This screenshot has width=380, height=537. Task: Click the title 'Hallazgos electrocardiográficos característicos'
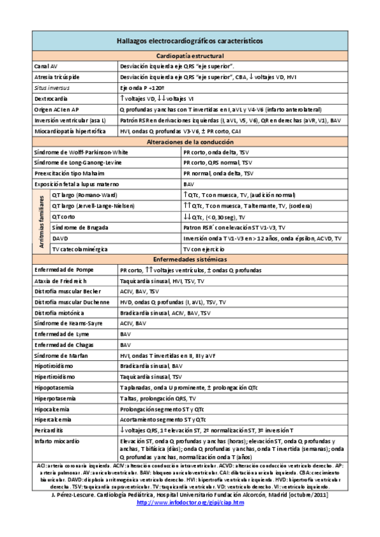coord(190,41)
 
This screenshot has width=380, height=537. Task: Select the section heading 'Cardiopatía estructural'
coord(190,56)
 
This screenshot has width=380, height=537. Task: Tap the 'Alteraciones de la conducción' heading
coord(190,142)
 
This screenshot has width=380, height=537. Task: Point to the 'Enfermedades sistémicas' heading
coord(190,260)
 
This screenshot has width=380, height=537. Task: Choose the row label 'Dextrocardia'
coord(52,99)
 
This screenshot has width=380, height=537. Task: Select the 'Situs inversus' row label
coord(52,88)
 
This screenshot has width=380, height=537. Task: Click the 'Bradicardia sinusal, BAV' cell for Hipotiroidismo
coord(151,366)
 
